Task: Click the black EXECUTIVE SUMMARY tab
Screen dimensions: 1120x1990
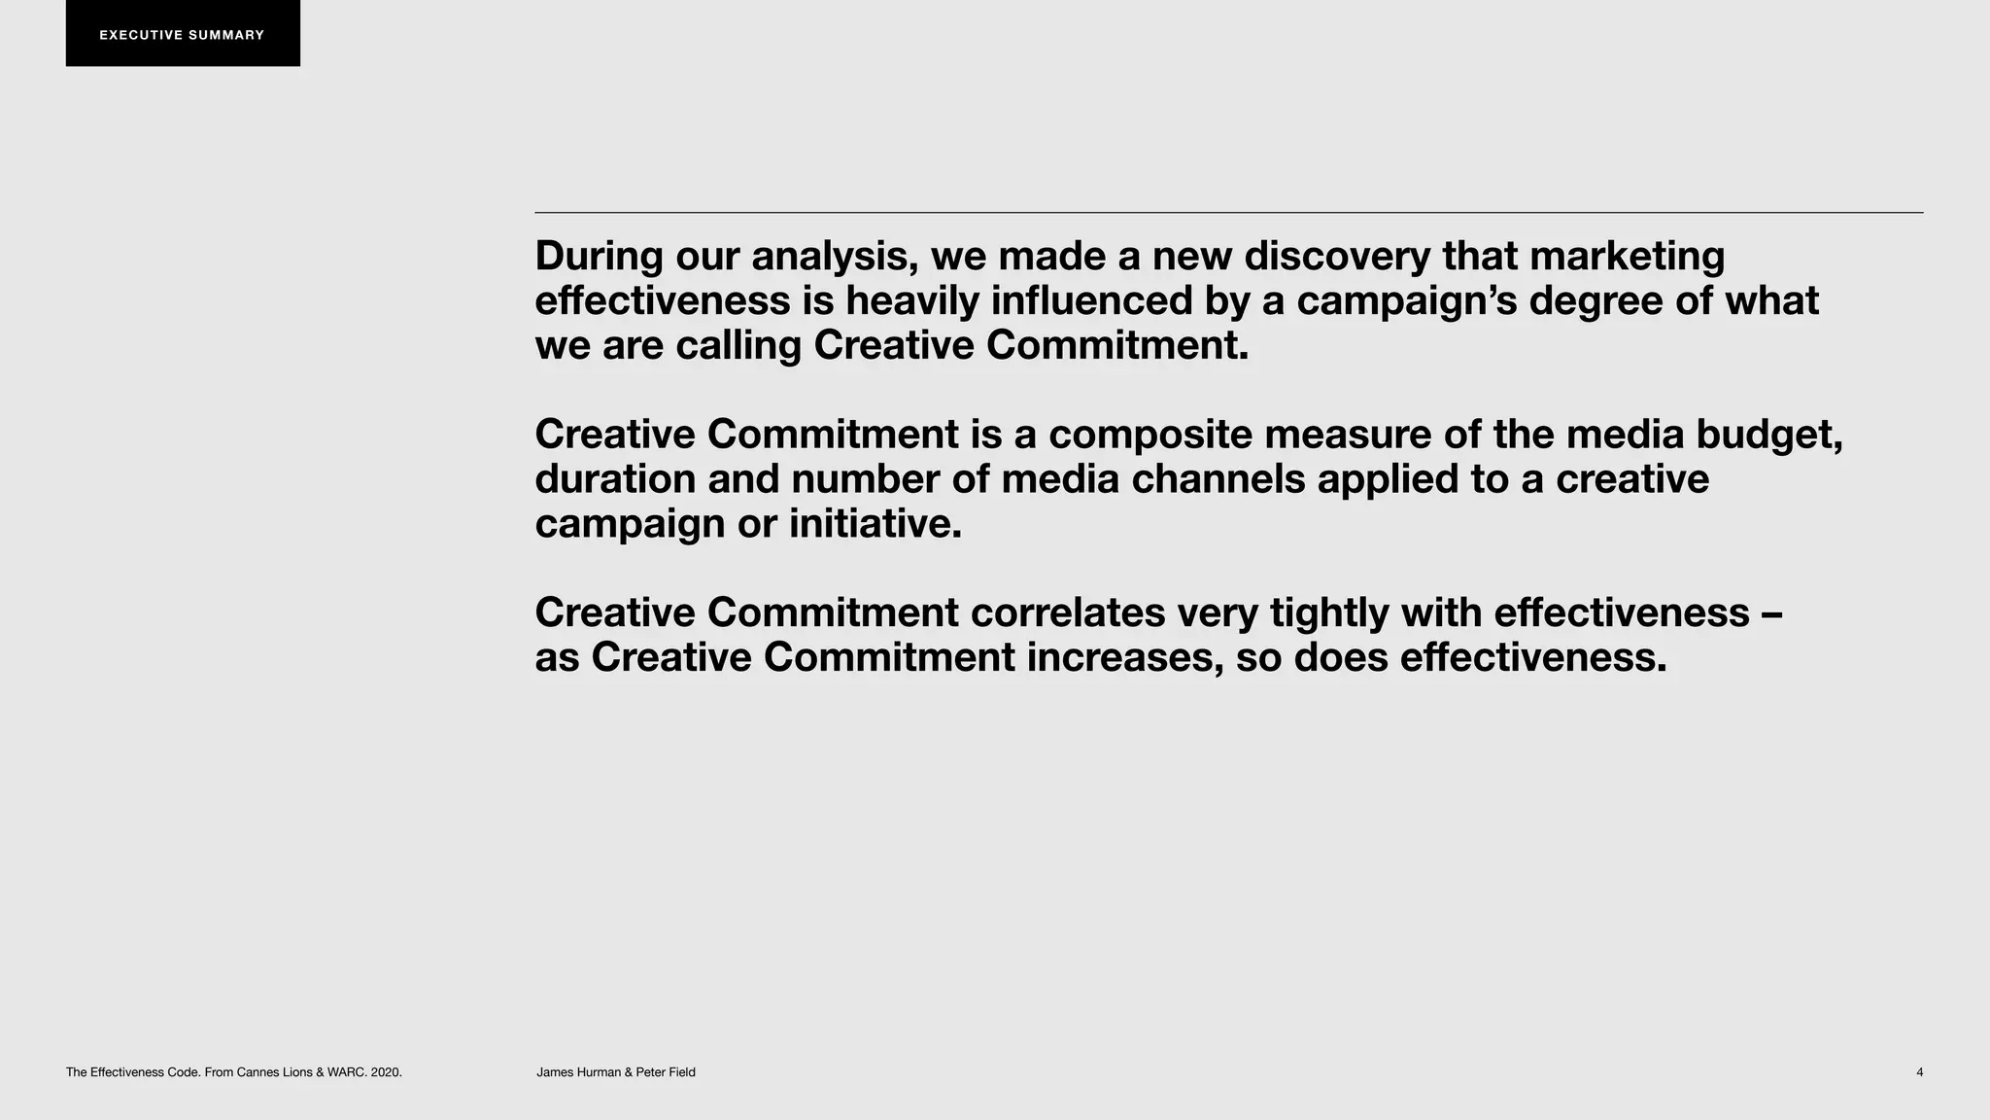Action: click(183, 34)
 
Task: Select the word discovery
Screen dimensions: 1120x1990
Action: click(1337, 256)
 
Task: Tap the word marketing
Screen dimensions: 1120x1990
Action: click(1628, 258)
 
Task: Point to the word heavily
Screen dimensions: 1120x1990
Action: click(912, 301)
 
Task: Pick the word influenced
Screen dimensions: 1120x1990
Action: click(1091, 300)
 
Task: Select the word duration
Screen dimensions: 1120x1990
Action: click(615, 479)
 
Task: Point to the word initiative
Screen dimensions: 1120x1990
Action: click(875, 524)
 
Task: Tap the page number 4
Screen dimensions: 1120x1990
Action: click(1919, 1072)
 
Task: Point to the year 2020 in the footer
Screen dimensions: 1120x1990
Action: click(386, 1072)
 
